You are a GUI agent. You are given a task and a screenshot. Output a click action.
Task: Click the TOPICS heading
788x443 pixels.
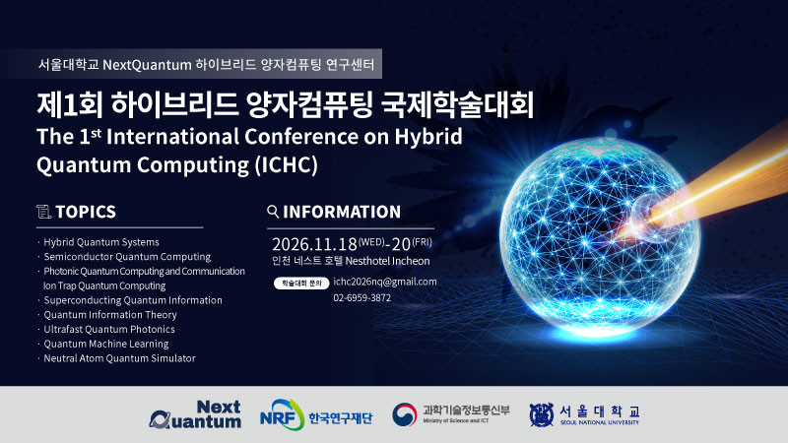86,212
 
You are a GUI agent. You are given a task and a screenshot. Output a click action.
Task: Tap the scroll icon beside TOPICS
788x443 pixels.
43,212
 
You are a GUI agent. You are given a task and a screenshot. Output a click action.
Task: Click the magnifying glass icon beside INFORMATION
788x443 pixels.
273,212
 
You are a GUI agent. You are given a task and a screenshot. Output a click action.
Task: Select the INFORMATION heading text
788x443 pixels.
342,212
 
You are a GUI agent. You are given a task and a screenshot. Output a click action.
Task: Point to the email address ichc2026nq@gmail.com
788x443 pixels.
385,282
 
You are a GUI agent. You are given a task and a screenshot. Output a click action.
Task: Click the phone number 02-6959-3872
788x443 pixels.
361,298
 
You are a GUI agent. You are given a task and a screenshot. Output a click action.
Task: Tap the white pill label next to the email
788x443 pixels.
301,284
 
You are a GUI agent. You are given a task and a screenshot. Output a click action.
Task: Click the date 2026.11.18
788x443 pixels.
314,244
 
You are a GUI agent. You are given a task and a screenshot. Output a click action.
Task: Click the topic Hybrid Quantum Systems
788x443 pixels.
101,242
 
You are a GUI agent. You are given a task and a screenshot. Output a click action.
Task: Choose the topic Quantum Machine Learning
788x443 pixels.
106,344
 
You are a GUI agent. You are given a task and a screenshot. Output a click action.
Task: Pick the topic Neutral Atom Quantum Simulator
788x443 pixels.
119,358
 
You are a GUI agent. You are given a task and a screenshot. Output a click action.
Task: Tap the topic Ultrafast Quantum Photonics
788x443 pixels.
109,330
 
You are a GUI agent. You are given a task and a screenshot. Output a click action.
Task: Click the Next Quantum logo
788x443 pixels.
195,414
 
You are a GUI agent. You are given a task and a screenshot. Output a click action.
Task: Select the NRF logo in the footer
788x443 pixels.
282,414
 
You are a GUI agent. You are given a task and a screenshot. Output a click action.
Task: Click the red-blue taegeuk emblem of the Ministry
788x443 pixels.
405,414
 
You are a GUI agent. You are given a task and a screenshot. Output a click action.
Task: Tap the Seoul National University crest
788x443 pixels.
541,414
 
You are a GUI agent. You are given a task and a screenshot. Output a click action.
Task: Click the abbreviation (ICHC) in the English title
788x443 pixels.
286,164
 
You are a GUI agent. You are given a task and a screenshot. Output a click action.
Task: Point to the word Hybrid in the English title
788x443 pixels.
428,137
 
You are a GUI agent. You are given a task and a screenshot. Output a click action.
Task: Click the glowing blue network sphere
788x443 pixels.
599,236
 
